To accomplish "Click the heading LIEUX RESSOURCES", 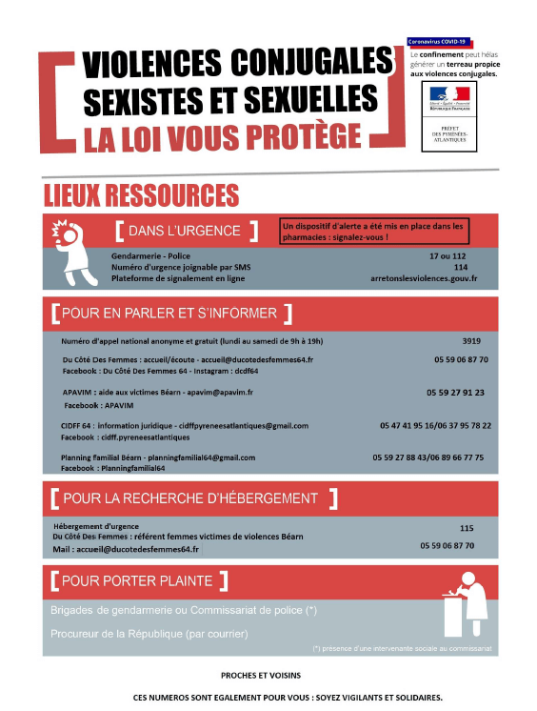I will tap(141, 195).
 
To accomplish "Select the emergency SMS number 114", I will tap(460, 268).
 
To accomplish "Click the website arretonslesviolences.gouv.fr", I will tap(424, 279).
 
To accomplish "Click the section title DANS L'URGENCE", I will tap(185, 231).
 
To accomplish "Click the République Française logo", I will tap(449, 98).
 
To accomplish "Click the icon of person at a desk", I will tap(466, 604).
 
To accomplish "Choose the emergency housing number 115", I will tap(466, 528).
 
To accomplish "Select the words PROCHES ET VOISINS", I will tap(255, 674).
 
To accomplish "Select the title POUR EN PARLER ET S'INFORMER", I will tap(170, 313).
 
